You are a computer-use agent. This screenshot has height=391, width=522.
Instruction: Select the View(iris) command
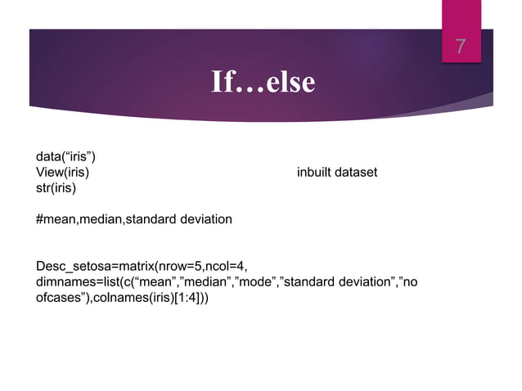tap(62, 173)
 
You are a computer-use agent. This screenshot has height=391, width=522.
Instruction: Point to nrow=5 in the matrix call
tap(175, 266)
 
